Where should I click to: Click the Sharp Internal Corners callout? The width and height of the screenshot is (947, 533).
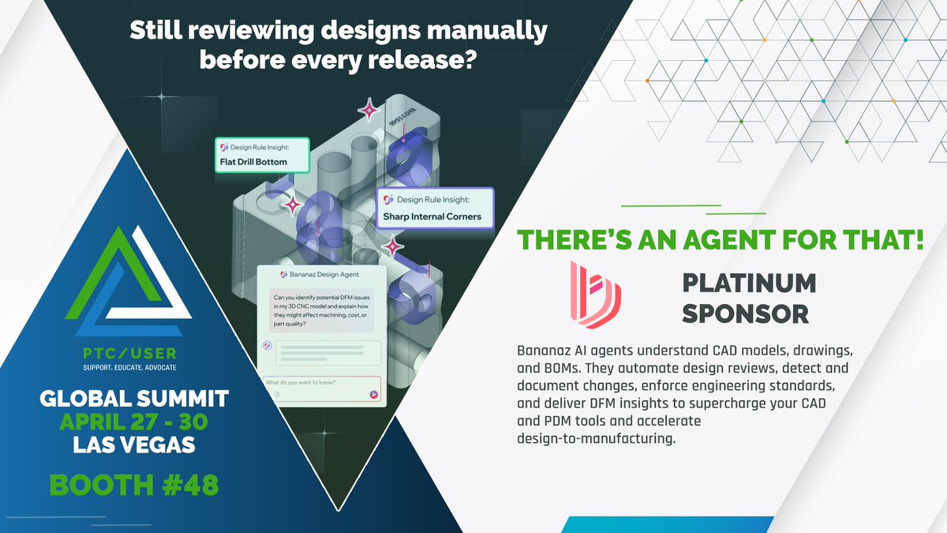tap(436, 208)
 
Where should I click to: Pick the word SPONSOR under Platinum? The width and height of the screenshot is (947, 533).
tap(745, 313)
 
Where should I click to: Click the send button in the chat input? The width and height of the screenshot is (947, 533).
tap(373, 394)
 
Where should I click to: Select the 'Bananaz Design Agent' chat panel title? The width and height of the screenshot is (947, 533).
tap(320, 274)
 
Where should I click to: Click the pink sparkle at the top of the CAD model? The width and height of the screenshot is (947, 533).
tap(368, 111)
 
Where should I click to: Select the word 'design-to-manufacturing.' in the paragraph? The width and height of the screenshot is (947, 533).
tap(597, 439)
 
